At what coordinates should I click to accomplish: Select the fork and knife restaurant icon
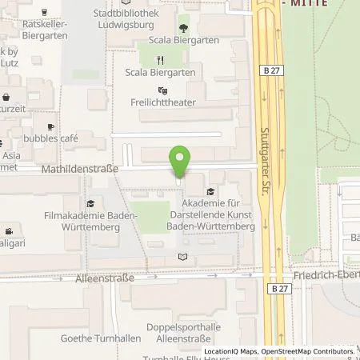click(x=161, y=59)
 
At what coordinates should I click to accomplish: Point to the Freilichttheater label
click(x=163, y=102)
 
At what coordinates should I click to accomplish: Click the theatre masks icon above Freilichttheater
click(x=163, y=90)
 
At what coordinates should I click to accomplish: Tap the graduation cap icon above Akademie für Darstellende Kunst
click(x=210, y=191)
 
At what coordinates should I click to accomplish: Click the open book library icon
click(x=183, y=257)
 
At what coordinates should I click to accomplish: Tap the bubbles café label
click(x=50, y=138)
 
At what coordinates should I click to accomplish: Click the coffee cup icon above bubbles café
click(x=51, y=126)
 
